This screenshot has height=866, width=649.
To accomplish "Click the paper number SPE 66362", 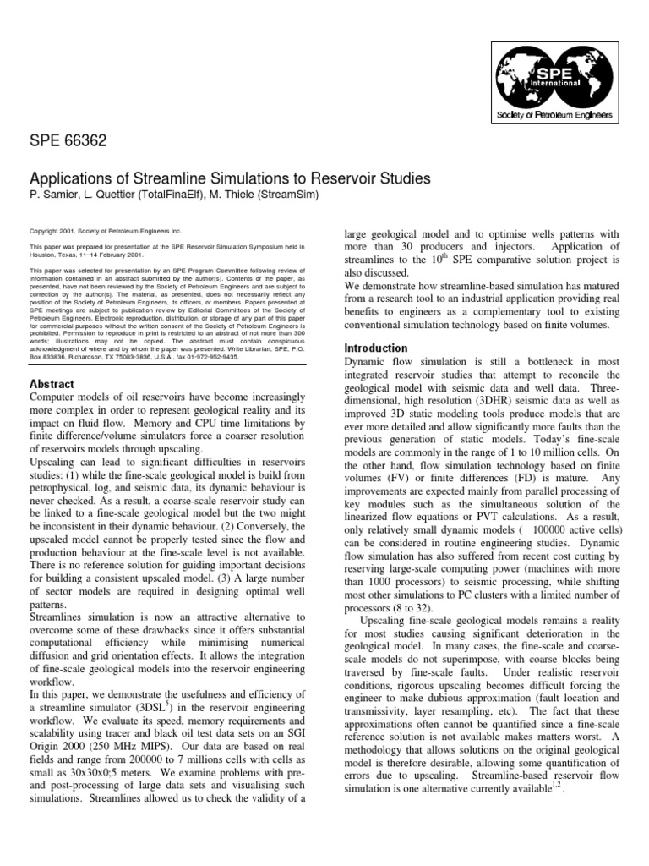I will [x=68, y=141].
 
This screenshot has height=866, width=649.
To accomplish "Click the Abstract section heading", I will [x=52, y=384].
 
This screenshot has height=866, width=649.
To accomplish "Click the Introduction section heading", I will [x=376, y=348].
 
